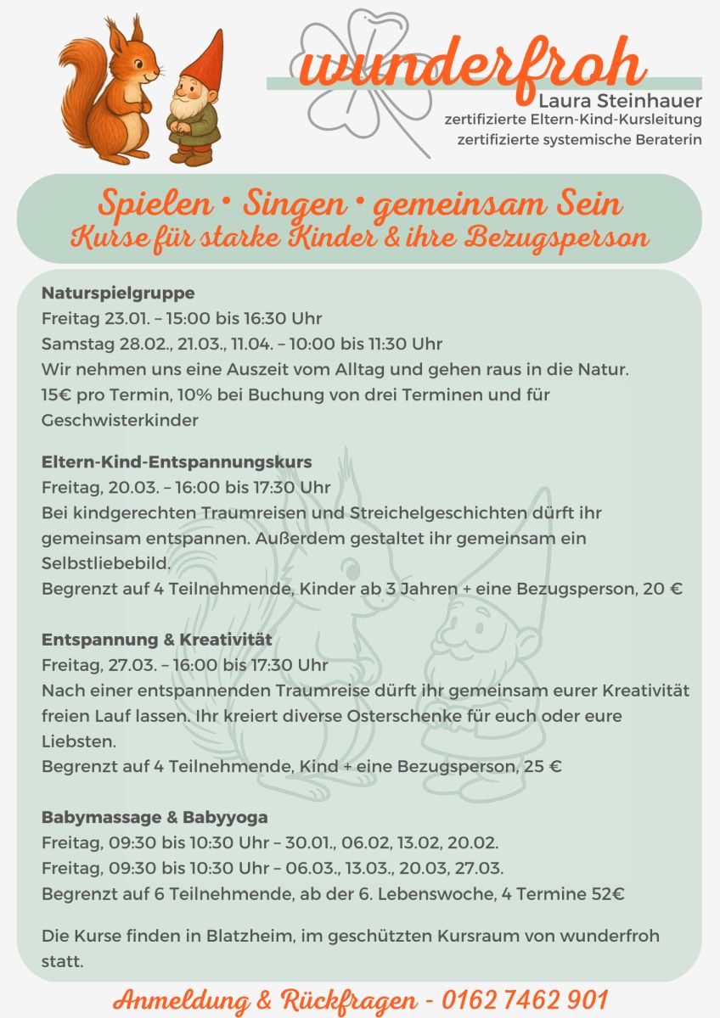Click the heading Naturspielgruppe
(x=118, y=294)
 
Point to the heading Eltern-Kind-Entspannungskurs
(x=177, y=462)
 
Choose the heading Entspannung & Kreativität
(x=157, y=639)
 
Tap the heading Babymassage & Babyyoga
(x=155, y=818)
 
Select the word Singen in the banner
(x=295, y=204)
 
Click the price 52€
(x=607, y=893)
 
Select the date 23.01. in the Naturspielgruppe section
(x=128, y=319)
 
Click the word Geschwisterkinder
(x=120, y=420)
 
